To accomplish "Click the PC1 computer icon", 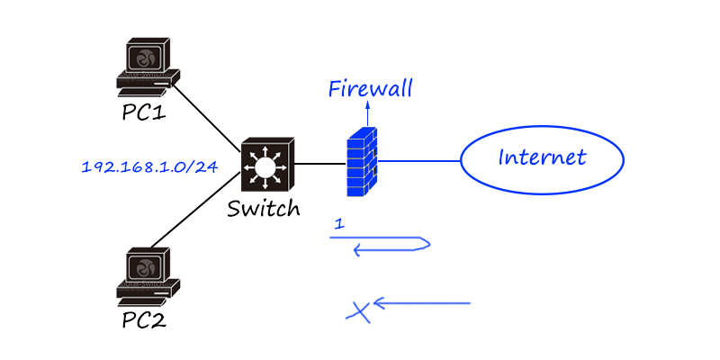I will pyautogui.click(x=147, y=66).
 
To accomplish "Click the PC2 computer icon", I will pyautogui.click(x=147, y=275).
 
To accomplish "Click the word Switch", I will pyautogui.click(x=263, y=209).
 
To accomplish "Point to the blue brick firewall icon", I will pyautogui.click(x=362, y=162).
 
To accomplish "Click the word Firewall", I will pyautogui.click(x=370, y=88).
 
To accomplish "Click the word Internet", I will pyautogui.click(x=542, y=158).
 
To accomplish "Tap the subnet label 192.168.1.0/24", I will pyautogui.click(x=149, y=167).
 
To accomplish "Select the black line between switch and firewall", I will pyautogui.click(x=319, y=164).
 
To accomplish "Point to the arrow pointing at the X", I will pyautogui.click(x=423, y=303).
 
